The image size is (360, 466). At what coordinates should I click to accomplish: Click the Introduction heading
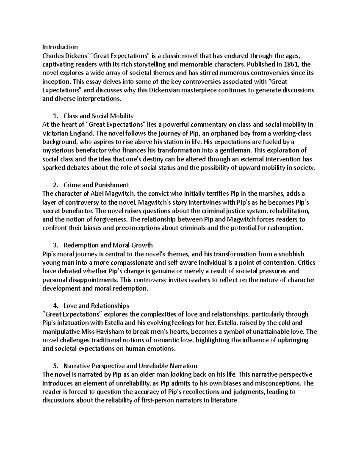click(x=60, y=47)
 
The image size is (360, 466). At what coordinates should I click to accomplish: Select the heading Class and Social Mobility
click(x=99, y=116)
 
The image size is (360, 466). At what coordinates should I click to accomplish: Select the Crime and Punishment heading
click(x=96, y=185)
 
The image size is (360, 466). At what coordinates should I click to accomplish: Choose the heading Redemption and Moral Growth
click(x=108, y=245)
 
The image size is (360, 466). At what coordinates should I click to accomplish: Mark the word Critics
click(x=306, y=263)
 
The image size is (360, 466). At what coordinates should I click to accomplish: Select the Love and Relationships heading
click(x=96, y=306)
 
